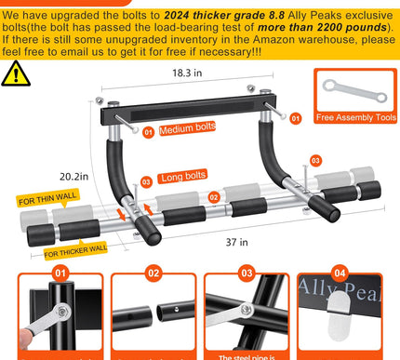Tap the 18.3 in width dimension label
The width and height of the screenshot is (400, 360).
point(187,72)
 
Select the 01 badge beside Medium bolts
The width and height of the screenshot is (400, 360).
point(149,131)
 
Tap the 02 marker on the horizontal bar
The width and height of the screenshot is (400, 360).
point(214,197)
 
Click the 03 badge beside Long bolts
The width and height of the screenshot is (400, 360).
point(146,182)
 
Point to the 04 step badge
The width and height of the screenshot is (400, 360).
point(340,273)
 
